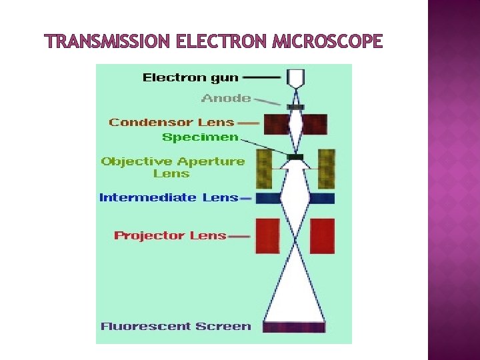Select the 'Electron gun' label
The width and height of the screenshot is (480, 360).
click(191, 77)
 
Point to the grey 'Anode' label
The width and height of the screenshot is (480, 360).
click(227, 99)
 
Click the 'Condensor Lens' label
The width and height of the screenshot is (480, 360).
click(172, 122)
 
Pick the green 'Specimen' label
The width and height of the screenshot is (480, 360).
click(200, 137)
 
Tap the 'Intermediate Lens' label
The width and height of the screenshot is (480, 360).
click(168, 197)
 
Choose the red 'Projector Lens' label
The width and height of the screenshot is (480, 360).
click(171, 235)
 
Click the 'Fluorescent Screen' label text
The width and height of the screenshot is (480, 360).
click(176, 327)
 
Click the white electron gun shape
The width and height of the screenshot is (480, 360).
click(295, 79)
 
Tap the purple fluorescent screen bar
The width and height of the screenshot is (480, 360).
click(295, 327)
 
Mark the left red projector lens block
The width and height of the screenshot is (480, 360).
click(267, 236)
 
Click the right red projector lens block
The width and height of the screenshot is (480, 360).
click(322, 236)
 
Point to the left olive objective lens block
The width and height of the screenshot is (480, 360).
click(265, 169)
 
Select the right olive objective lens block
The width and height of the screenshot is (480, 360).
click(326, 169)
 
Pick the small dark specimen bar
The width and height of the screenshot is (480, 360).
click(295, 157)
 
